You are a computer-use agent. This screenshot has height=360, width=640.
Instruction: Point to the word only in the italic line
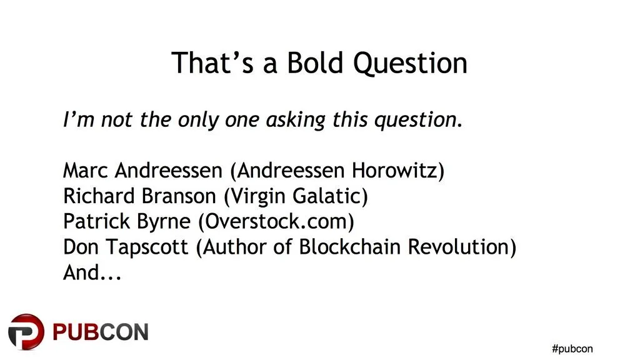(198, 120)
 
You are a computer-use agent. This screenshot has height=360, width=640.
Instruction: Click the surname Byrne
(164, 222)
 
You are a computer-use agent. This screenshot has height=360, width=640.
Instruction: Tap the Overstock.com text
(276, 221)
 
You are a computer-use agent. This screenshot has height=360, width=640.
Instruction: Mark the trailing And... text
(92, 272)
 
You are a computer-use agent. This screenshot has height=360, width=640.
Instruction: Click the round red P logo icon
(26, 331)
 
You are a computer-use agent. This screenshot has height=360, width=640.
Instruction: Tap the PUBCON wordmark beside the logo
(101, 332)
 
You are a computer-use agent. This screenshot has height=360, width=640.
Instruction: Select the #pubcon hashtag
(572, 349)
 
